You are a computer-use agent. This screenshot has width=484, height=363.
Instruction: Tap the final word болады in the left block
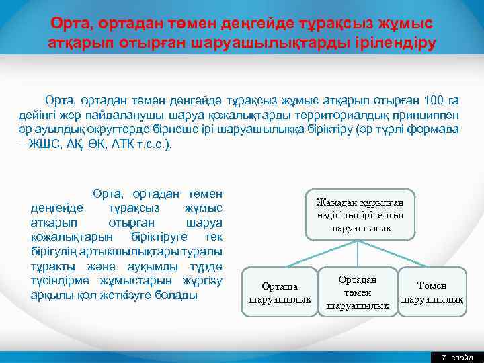[x=176, y=295]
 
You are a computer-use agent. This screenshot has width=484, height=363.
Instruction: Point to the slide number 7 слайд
[x=456, y=357]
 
